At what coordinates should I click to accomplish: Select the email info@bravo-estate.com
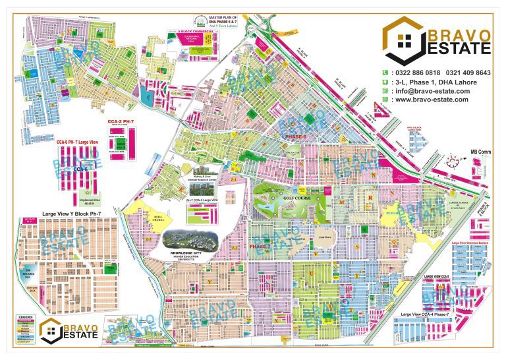tap(431, 90)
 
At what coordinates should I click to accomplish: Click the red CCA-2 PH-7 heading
tap(121, 123)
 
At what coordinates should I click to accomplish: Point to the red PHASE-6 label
tap(294, 135)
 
